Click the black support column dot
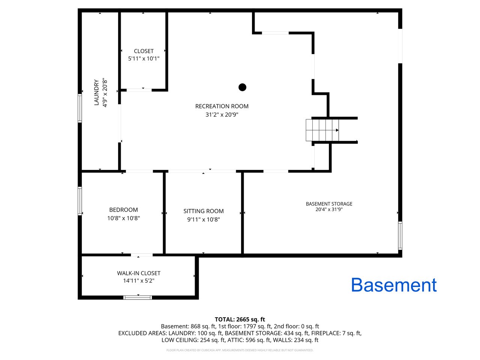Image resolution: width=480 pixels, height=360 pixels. click(242, 87)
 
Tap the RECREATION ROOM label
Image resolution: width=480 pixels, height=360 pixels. click(222, 106)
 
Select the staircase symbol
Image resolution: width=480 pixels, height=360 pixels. click(322, 130)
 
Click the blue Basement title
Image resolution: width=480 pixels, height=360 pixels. click(394, 285)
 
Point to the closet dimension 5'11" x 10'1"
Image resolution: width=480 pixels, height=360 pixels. click(144, 58)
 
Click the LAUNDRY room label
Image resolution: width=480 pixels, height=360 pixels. click(96, 93)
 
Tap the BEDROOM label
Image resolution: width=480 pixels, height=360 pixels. click(123, 210)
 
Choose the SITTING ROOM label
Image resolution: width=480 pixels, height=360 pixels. click(203, 211)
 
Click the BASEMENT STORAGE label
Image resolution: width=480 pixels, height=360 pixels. click(329, 204)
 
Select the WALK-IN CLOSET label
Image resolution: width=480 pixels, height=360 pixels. click(139, 273)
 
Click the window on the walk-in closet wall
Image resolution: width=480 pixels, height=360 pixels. click(138, 297)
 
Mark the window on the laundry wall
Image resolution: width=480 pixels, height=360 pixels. click(80, 108)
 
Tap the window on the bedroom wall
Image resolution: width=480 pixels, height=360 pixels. click(80, 201)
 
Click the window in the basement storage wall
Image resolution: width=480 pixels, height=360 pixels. click(400, 235)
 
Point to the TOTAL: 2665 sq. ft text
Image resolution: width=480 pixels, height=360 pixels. click(240, 319)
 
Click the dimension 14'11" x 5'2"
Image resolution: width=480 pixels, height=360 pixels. click(139, 280)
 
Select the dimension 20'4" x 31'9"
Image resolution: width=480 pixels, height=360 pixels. click(329, 209)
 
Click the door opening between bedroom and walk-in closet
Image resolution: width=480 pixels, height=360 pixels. click(142, 255)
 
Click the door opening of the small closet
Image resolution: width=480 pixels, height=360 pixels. click(139, 90)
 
